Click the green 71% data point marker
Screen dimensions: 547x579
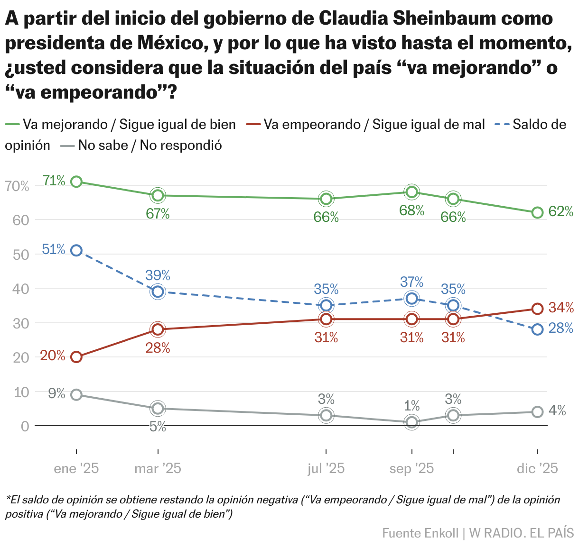pos(76,182)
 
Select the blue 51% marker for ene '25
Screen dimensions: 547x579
pos(76,250)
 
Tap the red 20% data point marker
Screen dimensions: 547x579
pos(76,357)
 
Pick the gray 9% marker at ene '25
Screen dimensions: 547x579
pos(76,395)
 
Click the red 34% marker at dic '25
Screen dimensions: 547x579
pos(537,309)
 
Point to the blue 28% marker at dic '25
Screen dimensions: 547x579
pos(537,329)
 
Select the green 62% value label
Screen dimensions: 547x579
pos(560,212)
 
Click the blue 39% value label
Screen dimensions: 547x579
pos(158,275)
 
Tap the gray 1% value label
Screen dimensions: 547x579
pos(411,406)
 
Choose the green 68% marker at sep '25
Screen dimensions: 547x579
pos(411,191)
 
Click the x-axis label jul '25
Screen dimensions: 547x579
pos(326,469)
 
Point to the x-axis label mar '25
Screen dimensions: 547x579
pos(158,469)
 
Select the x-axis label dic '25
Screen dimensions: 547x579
pos(537,469)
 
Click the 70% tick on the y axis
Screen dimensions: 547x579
pos(18,186)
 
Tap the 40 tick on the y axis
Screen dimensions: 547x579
pos(18,289)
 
